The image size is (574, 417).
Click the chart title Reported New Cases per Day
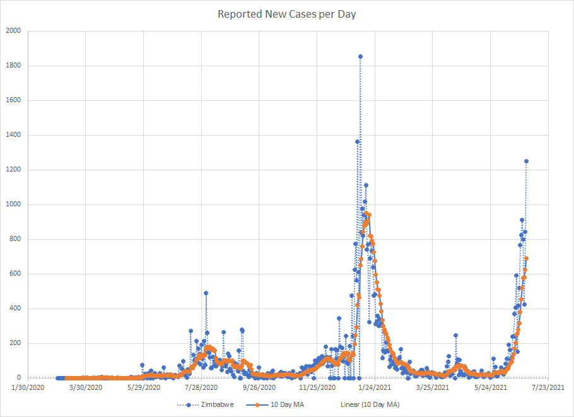287,14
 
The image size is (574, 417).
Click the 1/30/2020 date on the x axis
28,387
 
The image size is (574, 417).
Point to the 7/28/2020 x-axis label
201,387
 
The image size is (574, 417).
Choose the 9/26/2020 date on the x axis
259,387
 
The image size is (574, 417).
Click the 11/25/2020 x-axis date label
317,387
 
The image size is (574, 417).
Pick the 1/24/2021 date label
375,387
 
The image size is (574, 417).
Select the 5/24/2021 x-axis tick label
490,387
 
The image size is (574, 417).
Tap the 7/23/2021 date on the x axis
548,387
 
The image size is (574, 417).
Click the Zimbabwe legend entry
217,404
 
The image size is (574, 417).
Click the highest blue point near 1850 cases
360,57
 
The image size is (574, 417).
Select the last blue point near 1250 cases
526,162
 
